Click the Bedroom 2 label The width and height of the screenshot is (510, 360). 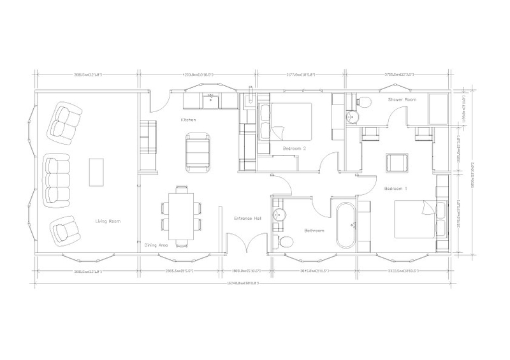[x=295, y=148]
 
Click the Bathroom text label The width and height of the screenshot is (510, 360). [x=315, y=231]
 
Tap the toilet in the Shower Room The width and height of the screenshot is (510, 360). [x=365, y=100]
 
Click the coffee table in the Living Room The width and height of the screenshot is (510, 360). [x=97, y=172]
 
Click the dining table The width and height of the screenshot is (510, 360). [x=181, y=214]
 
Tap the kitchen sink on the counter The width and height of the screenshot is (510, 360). [x=212, y=99]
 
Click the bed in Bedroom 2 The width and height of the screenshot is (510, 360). [x=290, y=121]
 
